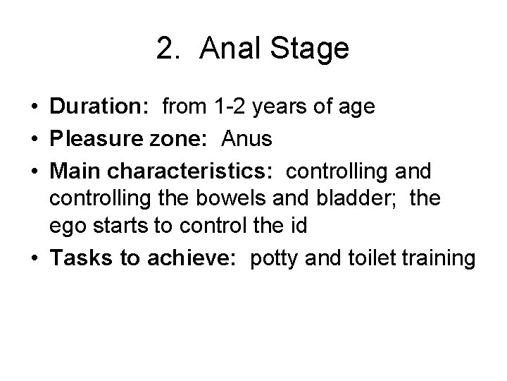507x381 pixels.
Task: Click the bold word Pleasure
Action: point(92,140)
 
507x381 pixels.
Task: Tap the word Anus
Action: point(246,140)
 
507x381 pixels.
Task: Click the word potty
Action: point(255,260)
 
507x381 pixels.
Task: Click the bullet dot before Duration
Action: point(35,107)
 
